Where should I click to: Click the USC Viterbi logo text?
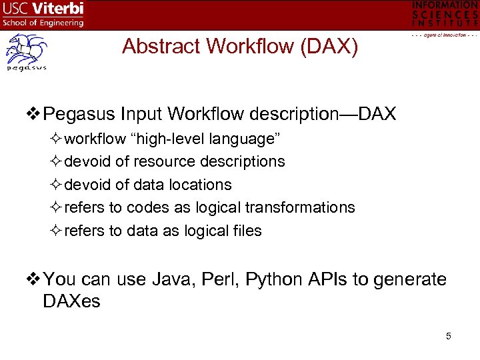click(43, 10)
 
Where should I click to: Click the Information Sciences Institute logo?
click(445, 16)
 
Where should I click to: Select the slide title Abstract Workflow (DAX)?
click(240, 46)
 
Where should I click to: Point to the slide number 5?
click(449, 336)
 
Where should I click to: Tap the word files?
click(247, 231)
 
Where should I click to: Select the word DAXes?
click(71, 301)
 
